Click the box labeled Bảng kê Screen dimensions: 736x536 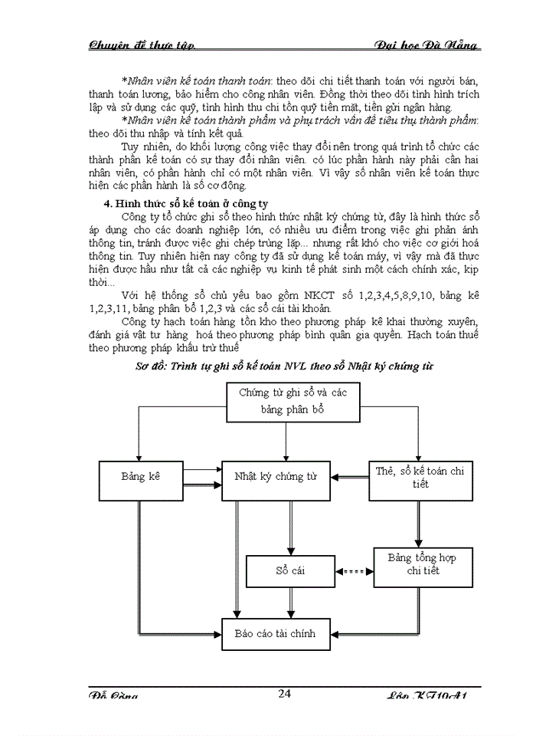(x=141, y=477)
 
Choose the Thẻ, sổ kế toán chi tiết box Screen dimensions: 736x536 (x=420, y=477)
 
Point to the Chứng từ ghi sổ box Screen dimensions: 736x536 (x=293, y=401)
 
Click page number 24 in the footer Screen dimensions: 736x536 (x=284, y=695)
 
